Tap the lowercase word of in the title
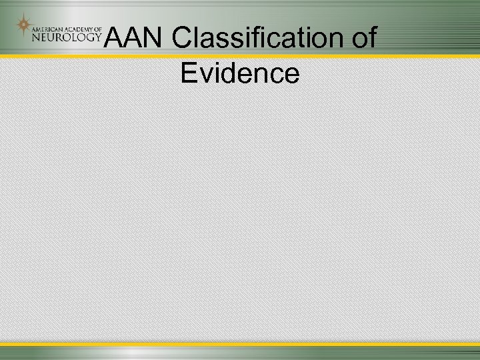364,39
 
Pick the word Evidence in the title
239,73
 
